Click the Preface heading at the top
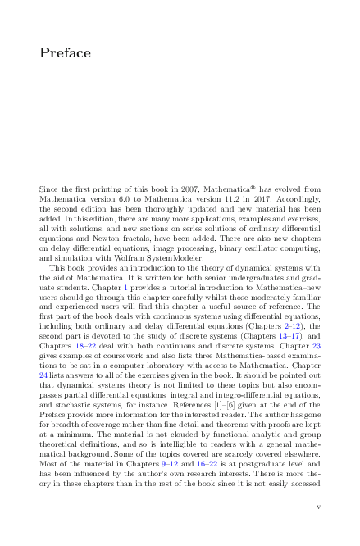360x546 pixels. click(65, 53)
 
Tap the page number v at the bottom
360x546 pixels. click(318, 507)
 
